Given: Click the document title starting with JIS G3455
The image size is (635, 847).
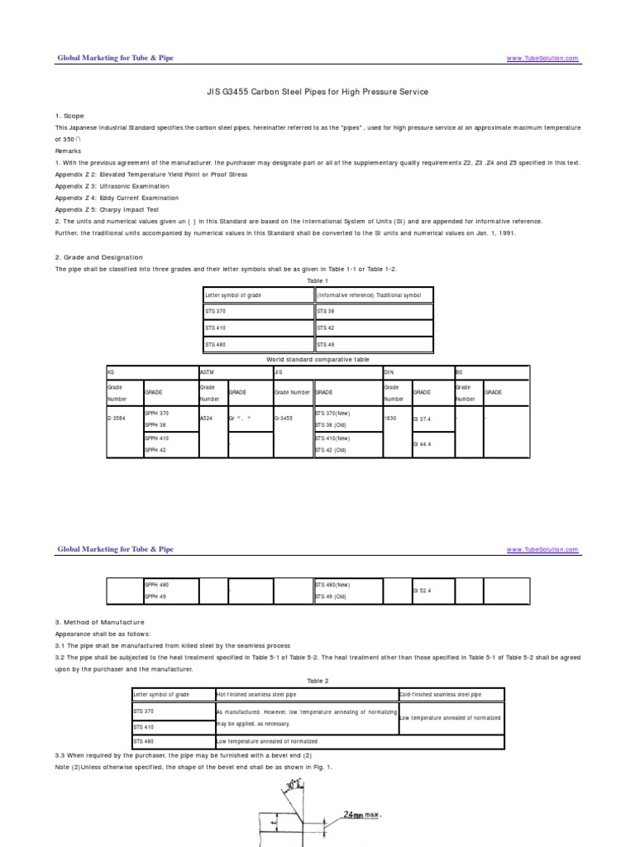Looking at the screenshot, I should click(x=317, y=92).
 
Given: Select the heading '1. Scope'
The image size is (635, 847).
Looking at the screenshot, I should click(x=69, y=116).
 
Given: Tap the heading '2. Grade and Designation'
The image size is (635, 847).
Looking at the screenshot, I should click(x=98, y=257).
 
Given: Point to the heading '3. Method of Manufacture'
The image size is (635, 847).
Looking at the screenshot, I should click(x=99, y=622).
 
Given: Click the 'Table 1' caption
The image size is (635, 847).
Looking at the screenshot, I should click(x=317, y=281).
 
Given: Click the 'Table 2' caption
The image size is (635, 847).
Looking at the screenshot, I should click(x=317, y=681).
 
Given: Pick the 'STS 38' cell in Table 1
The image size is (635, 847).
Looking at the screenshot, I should click(x=327, y=311).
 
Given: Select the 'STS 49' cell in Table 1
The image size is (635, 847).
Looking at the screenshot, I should click(x=327, y=344).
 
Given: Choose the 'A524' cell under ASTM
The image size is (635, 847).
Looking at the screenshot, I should click(x=207, y=419).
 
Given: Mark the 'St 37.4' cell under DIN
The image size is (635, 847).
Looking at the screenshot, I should click(x=423, y=419).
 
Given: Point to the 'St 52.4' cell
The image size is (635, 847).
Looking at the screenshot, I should click(x=423, y=590).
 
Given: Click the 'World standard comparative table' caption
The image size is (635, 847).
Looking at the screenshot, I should click(x=317, y=360).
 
